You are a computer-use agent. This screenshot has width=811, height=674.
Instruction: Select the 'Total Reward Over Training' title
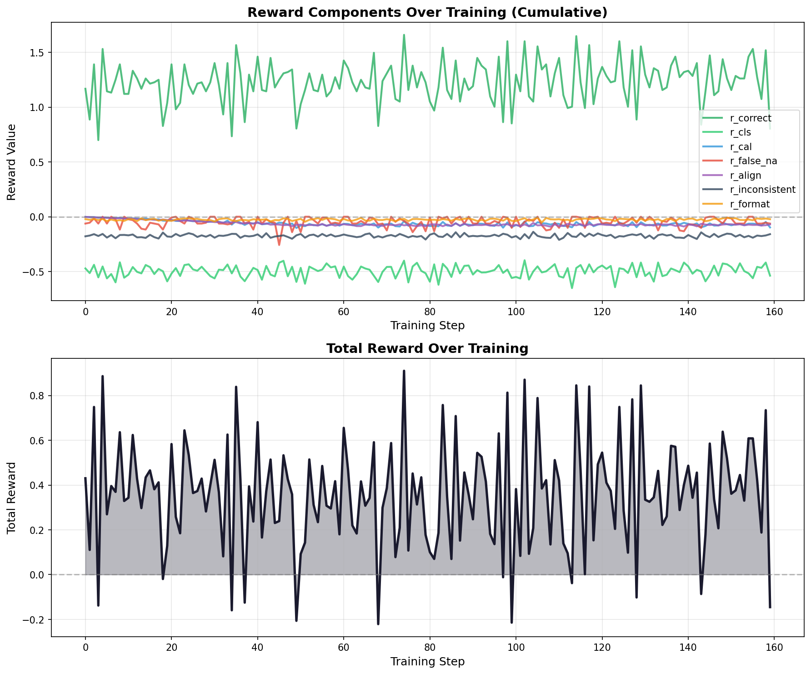point(427,349)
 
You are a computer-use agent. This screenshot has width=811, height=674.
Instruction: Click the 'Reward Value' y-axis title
point(11,162)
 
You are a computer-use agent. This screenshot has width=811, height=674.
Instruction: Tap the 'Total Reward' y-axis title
point(11,498)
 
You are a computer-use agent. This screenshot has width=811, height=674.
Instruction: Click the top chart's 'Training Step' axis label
point(427,325)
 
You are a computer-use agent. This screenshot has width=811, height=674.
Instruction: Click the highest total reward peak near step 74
point(404,371)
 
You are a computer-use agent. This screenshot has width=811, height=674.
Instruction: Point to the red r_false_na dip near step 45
point(279,245)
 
